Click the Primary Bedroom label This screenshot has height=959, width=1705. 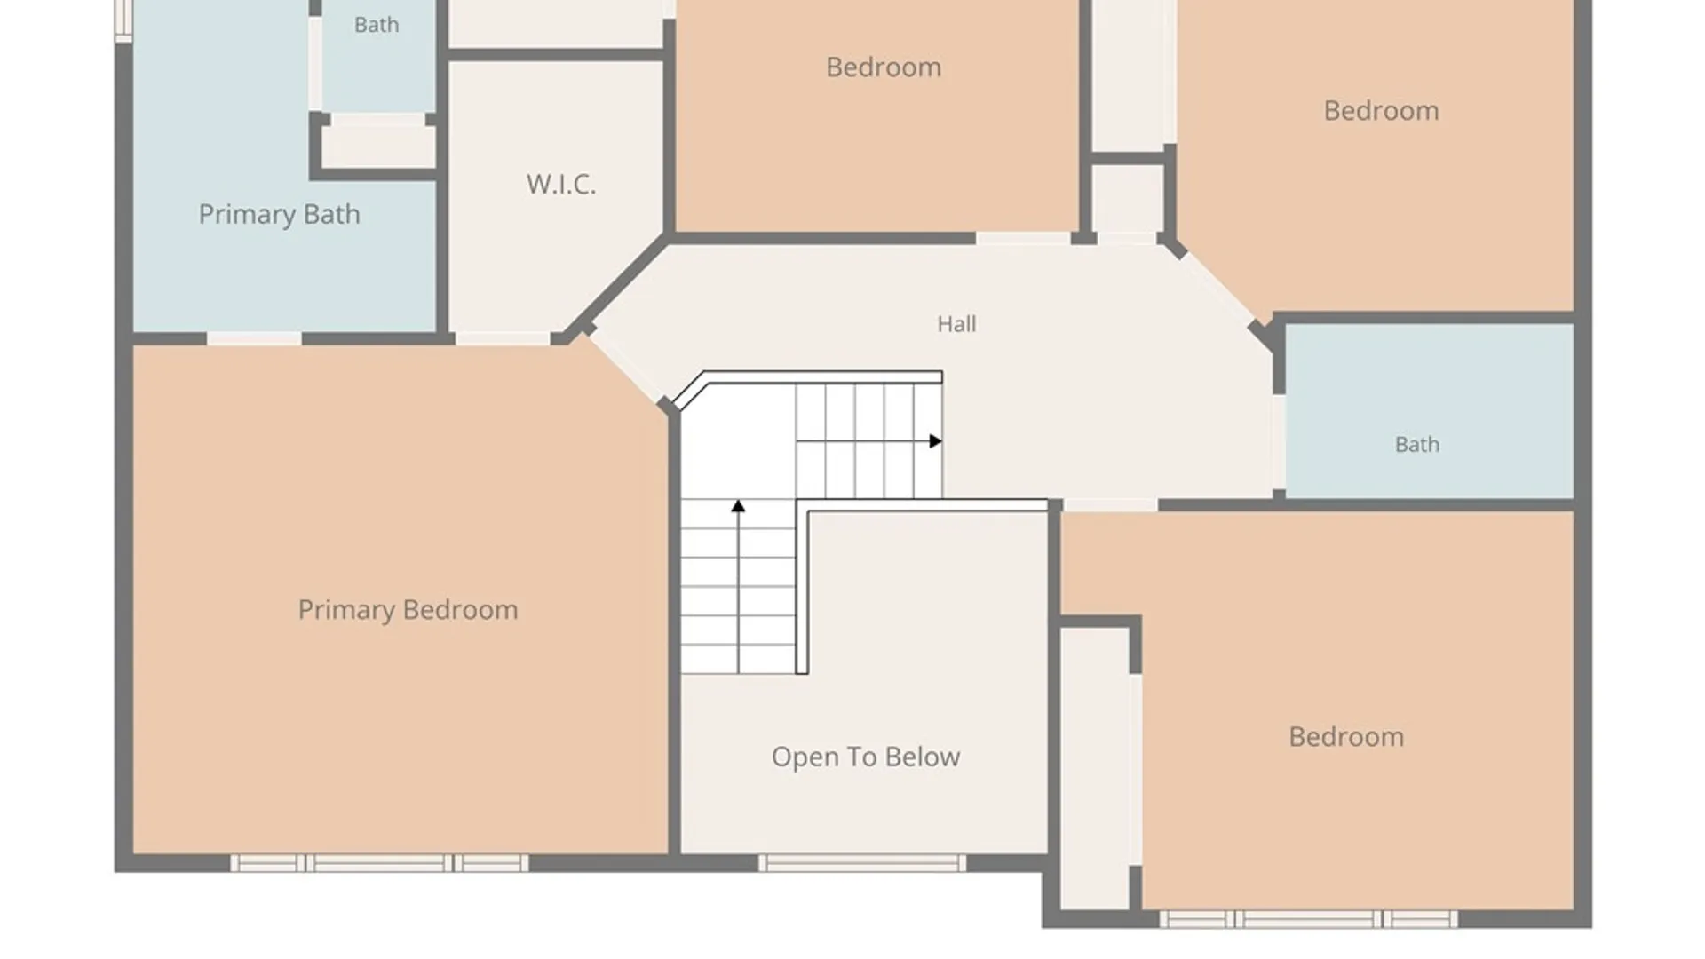(408, 610)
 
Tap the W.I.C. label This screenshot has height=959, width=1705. (560, 184)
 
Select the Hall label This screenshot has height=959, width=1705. (956, 324)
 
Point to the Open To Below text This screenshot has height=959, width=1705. (866, 757)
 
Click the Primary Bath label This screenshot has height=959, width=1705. (279, 214)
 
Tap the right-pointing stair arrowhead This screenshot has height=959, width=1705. (935, 441)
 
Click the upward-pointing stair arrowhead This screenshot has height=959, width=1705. (738, 506)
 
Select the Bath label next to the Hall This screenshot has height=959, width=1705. (1417, 444)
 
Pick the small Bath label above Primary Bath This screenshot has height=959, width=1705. (377, 25)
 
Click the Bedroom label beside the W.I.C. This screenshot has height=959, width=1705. (884, 67)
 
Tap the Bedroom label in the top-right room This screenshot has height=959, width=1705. (1381, 111)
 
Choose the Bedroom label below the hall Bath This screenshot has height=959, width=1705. (1346, 737)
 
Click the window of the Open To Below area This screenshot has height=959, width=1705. (861, 862)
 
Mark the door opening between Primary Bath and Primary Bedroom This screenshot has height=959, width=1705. (254, 338)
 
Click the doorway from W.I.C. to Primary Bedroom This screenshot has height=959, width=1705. (503, 338)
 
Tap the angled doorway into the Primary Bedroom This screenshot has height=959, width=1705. (628, 367)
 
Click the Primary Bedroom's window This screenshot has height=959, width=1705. (379, 862)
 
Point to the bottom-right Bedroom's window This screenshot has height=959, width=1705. (1308, 919)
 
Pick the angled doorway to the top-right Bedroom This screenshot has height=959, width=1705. (1220, 286)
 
